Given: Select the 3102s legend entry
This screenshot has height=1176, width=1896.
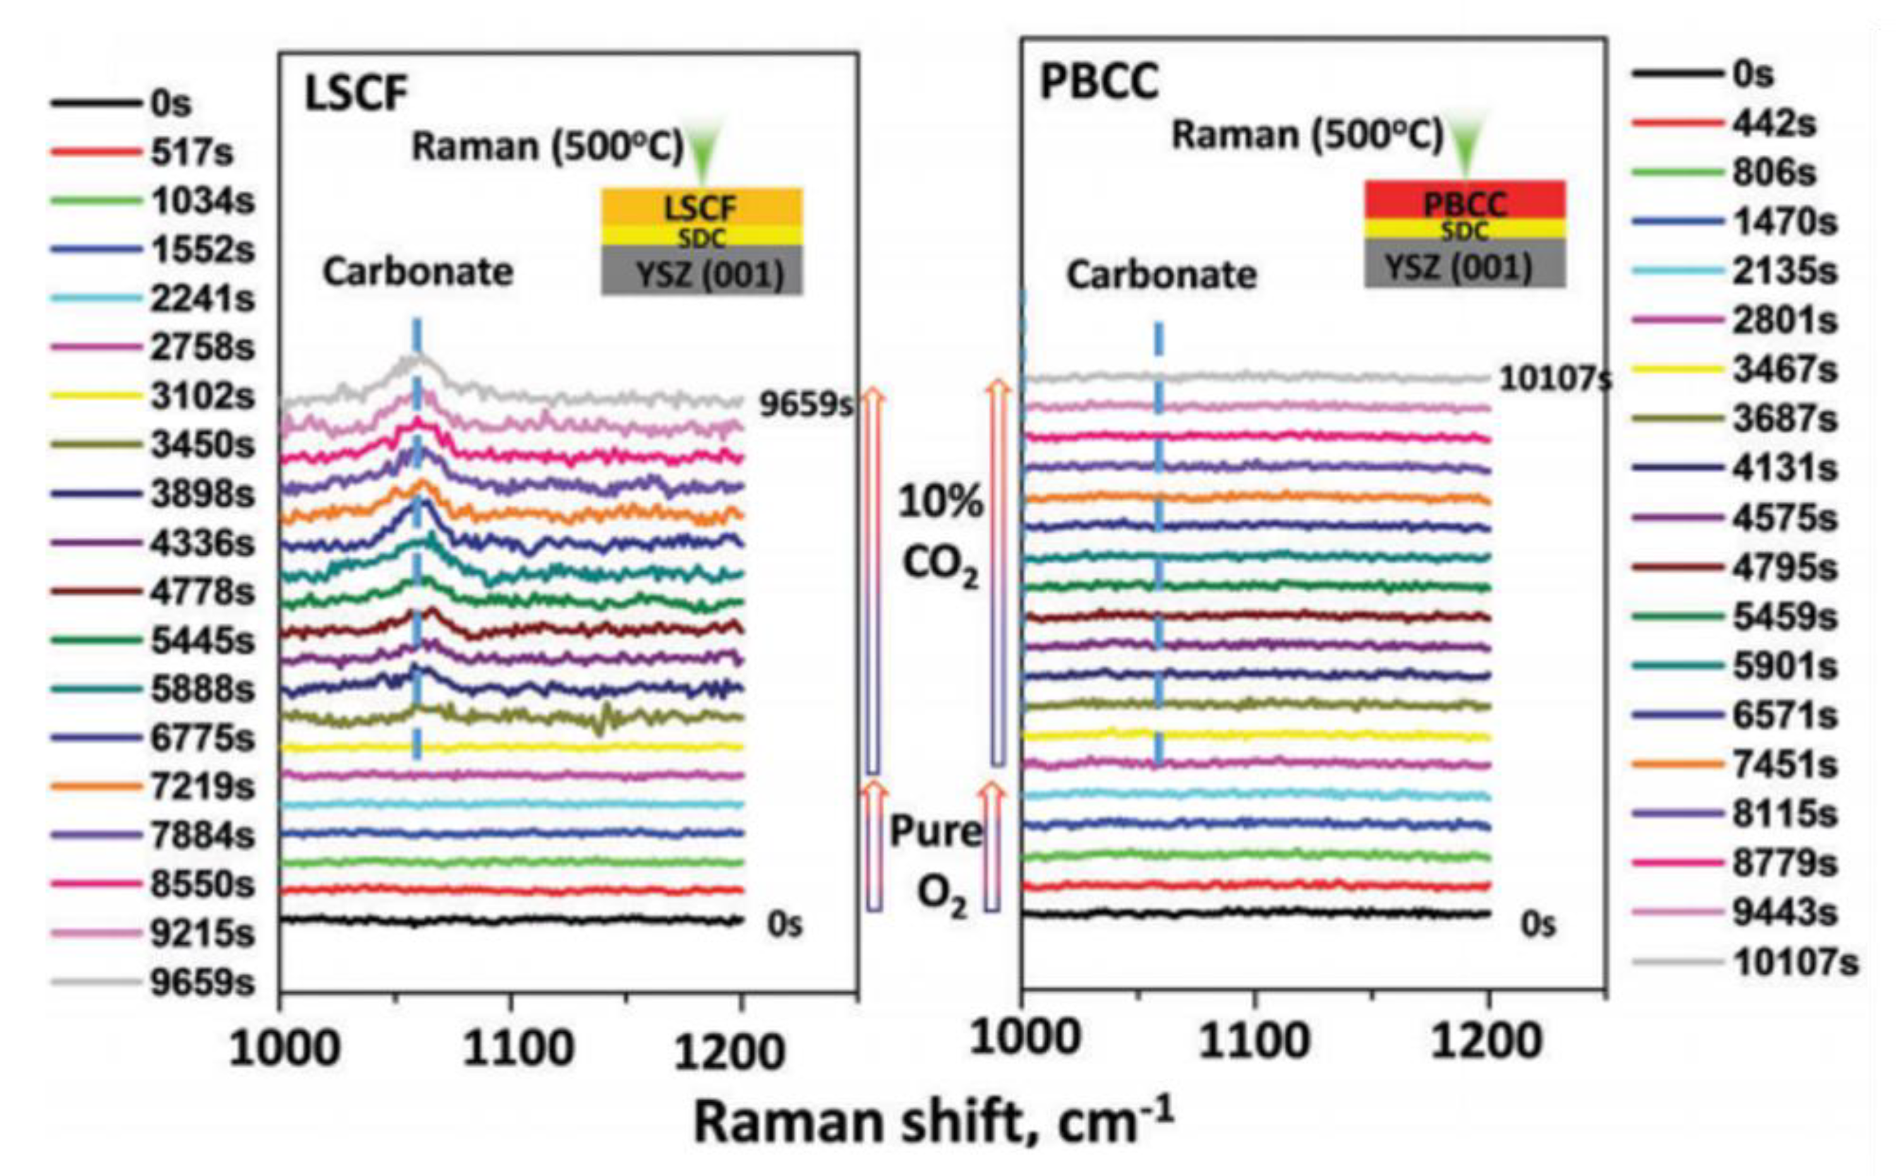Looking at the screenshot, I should pos(201,396).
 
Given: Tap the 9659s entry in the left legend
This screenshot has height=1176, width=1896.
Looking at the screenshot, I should pos(201,982).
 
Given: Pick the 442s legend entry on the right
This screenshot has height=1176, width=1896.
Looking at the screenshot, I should pos(1772,124).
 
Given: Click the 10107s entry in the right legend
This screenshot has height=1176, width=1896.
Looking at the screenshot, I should pos(1794,963).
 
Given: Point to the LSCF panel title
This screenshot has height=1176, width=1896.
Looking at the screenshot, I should pos(356,95).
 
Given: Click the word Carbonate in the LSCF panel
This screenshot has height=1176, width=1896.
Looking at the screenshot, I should pos(417,272).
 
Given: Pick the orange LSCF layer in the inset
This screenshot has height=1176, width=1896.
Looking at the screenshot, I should pos(701,206).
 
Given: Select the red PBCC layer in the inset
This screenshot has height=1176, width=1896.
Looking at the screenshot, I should pos(1464,201).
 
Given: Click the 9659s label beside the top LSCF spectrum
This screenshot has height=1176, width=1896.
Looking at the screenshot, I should pos(805,405).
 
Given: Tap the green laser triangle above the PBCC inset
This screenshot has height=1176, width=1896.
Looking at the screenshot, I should pos(1467,148).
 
